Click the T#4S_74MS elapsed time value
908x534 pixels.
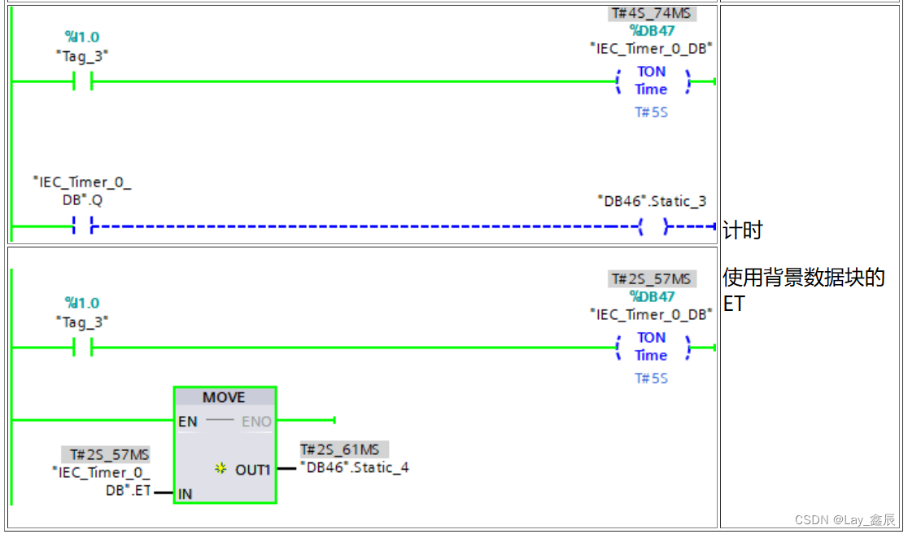pos(652,14)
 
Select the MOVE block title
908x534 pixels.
pos(224,397)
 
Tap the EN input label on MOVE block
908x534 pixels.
pos(187,422)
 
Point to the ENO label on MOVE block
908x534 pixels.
pos(256,422)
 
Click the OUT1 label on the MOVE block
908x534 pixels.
pos(252,470)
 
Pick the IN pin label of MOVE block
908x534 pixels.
pos(186,493)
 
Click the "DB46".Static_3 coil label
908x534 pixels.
pos(652,201)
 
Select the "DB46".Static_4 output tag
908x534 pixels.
pos(354,467)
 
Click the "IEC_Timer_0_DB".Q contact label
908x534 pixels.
pos(82,190)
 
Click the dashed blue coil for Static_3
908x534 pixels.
pos(653,226)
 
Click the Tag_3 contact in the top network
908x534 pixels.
pos(82,81)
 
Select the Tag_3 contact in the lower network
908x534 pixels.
pos(82,348)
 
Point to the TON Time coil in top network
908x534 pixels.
pos(652,81)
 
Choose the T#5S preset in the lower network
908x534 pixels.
pos(651,379)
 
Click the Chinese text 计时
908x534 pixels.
pos(742,231)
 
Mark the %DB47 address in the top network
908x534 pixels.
pos(652,31)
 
